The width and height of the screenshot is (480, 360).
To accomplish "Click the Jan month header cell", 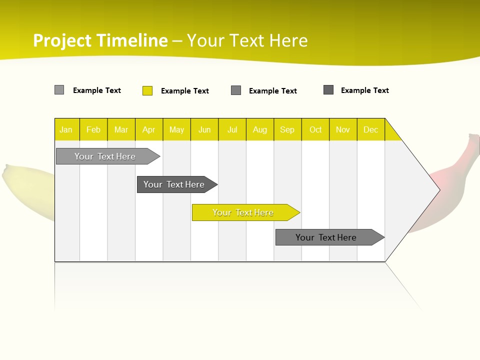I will (66, 129).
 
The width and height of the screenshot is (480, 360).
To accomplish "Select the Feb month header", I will (93, 129).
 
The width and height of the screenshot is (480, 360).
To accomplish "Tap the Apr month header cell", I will (149, 129).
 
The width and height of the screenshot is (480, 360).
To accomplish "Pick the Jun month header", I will (204, 129).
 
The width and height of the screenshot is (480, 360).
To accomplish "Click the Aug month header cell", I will (260, 129).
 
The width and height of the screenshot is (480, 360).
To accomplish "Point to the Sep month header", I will (287, 129).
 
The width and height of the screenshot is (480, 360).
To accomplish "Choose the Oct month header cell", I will (315, 129).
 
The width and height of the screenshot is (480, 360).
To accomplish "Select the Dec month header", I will (371, 129).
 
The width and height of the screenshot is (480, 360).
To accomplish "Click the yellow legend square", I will (147, 90).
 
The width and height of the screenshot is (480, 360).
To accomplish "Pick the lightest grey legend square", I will (59, 90).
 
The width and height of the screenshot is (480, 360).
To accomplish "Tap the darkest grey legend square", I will (328, 90).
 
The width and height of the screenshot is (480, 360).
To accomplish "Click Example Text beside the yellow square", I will (184, 91).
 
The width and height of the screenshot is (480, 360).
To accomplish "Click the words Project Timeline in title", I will (100, 40).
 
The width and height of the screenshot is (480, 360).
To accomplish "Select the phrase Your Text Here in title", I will (247, 40).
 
